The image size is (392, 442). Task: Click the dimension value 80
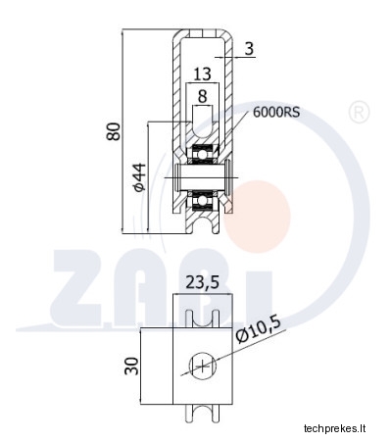[114, 131]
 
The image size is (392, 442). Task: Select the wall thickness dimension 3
[249, 49]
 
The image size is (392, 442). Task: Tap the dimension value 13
[202, 74]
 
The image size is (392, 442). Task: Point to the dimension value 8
[203, 96]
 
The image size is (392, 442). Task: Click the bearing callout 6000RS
[276, 113]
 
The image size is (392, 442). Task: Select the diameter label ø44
[138, 176]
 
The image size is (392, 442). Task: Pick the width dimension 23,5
[203, 282]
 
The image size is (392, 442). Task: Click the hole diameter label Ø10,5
[258, 330]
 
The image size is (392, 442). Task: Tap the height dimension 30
[132, 366]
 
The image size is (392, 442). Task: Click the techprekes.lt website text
[334, 428]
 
